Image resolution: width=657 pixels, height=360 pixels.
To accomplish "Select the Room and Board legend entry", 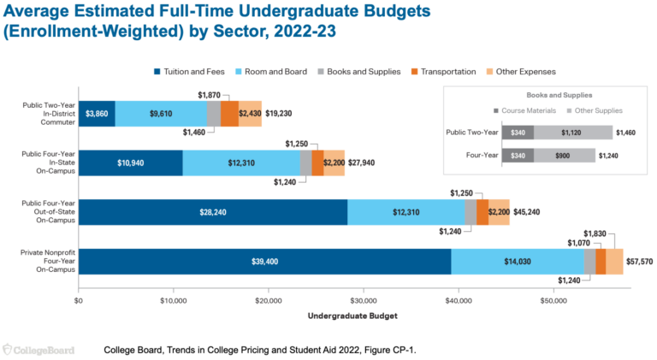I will tap(276, 72).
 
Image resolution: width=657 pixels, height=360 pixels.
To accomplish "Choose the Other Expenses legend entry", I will tap(522, 72).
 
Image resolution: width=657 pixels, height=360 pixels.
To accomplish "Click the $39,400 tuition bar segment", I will tap(264, 262).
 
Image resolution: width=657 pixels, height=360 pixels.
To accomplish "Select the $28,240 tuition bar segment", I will tap(213, 212).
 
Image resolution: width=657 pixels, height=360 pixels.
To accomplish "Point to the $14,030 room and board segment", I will tap(517, 262).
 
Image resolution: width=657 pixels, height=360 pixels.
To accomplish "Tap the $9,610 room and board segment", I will tap(161, 113).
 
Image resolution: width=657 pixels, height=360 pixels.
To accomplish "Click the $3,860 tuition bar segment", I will tap(97, 113).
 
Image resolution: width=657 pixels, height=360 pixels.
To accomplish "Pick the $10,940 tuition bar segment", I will tap(130, 162).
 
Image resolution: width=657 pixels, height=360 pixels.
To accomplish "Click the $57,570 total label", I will tap(640, 262).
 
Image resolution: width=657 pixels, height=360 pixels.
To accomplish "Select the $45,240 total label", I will tap(525, 212).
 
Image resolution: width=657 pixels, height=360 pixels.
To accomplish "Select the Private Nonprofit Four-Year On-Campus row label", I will tap(49, 262).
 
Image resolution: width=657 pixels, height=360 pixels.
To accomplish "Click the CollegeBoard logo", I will tap(38, 350).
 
